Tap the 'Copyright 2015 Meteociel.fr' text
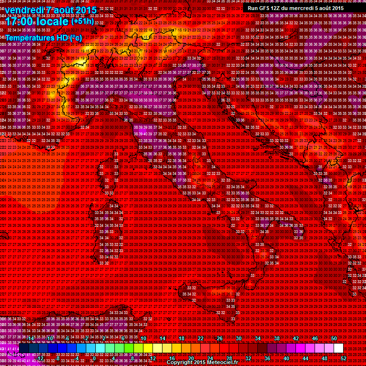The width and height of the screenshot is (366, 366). click(x=202, y=363)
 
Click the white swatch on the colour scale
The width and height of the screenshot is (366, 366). click(x=338, y=348)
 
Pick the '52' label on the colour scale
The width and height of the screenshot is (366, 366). click(x=343, y=358)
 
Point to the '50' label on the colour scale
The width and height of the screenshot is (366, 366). click(x=334, y=338)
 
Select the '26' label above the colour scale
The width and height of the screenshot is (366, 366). click(x=220, y=338)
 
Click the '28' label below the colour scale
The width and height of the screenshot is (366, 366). click(x=229, y=358)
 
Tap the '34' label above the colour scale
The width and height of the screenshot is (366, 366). click(x=258, y=338)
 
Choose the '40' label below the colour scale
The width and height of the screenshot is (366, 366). click(x=286, y=358)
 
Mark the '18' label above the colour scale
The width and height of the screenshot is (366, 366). click(x=182, y=338)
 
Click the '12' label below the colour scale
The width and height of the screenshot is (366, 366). click(x=153, y=358)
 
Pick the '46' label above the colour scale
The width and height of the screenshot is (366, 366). click(x=315, y=338)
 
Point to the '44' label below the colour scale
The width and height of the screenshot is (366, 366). click(x=305, y=358)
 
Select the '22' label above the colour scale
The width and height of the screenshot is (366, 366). click(x=201, y=338)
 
